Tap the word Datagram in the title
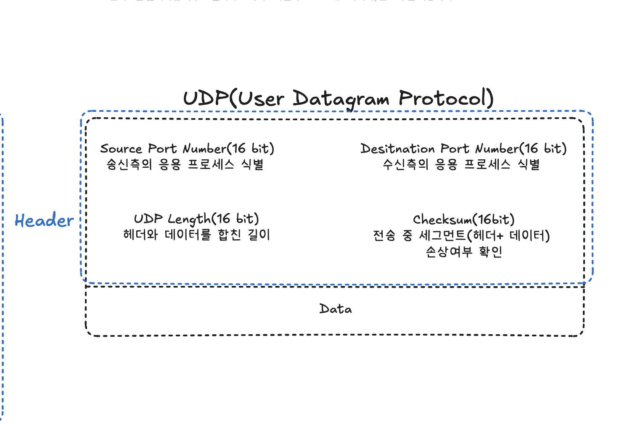coord(341,100)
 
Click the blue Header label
coord(44,220)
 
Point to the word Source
coord(121,149)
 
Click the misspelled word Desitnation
coord(397,149)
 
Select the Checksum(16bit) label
coord(463,219)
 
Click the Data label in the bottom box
coord(336,309)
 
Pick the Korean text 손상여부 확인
coord(464,252)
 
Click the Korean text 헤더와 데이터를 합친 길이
coord(196,235)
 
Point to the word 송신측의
coord(129,164)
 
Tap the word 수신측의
coord(405,164)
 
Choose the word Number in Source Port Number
coord(204,149)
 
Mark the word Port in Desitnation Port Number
coord(455,149)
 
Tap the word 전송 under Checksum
coord(384,235)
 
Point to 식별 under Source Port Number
coord(252,164)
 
